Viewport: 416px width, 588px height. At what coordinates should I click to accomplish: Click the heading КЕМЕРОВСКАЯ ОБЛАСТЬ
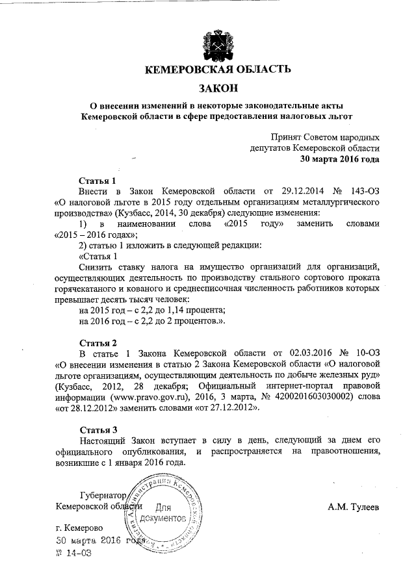click(217, 70)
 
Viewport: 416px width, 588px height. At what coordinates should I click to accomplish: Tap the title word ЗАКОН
click(217, 88)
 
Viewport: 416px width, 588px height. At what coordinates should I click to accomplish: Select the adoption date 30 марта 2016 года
click(340, 158)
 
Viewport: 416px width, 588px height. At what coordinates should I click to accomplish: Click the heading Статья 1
click(97, 180)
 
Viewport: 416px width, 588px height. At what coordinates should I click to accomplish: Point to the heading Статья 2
click(97, 342)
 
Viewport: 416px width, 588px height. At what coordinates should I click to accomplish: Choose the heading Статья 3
click(97, 429)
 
